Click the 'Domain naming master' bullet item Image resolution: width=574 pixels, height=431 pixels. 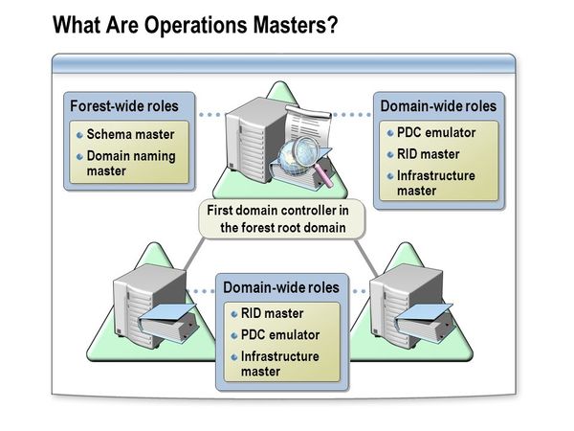pos(131,163)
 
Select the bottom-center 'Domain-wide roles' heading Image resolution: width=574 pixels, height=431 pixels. pos(280,286)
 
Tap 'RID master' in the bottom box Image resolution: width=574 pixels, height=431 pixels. pos(273,313)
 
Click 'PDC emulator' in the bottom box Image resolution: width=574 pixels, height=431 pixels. pos(280,335)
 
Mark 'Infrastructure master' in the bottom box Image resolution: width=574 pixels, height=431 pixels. pos(280,363)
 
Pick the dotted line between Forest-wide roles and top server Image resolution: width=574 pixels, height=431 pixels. pos(210,114)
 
